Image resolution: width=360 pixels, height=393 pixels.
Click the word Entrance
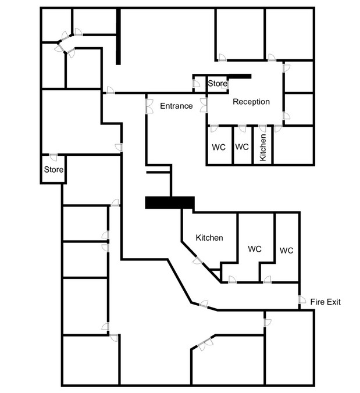[176, 106]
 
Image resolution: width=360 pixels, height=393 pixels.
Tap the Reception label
[251, 102]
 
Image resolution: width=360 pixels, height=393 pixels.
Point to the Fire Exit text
[326, 302]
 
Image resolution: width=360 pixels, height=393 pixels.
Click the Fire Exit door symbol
[302, 300]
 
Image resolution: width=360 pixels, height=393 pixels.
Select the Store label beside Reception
[218, 84]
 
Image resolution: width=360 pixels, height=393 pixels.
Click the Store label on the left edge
[54, 169]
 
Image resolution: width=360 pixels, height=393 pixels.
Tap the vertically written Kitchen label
[263, 148]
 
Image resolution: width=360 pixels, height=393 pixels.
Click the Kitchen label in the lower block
[209, 238]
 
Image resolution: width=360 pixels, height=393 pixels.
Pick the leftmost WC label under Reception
[219, 147]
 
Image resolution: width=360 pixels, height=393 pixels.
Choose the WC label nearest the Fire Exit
[286, 251]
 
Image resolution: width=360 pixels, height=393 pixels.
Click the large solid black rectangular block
[170, 202]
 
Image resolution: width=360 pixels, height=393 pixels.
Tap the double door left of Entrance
[149, 106]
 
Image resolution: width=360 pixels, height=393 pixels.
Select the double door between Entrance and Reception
[204, 105]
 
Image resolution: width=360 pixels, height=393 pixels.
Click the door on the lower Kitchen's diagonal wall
[198, 260]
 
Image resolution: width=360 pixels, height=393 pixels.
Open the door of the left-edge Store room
[53, 157]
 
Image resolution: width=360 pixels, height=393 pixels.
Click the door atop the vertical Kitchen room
[262, 128]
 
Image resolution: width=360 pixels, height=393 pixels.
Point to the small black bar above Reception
[240, 76]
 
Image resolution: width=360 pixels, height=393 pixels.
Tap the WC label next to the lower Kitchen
[255, 249]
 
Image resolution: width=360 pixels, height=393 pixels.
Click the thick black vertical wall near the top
[118, 37]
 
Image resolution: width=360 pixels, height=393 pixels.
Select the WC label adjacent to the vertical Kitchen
[242, 147]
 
